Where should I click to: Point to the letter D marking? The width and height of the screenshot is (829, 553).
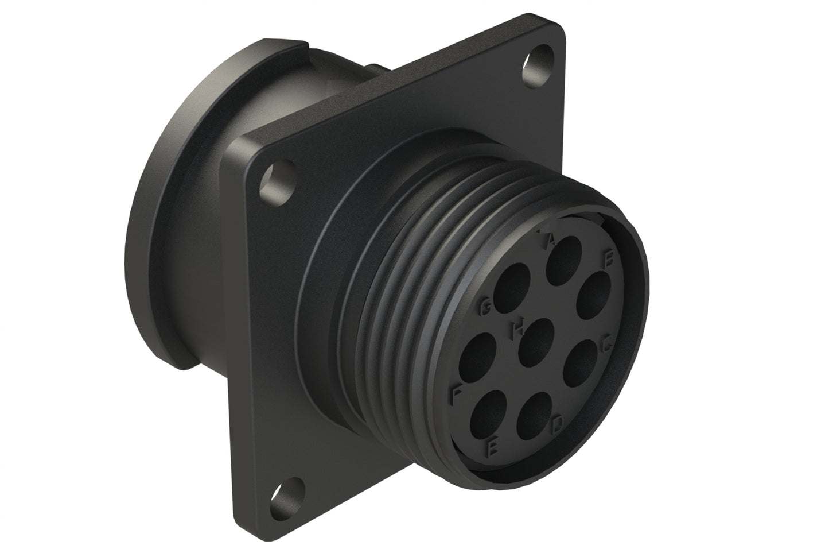(x=557, y=426)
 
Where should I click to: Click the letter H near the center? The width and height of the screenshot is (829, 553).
(x=517, y=328)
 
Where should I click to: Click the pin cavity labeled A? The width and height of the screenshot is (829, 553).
(x=562, y=256)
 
